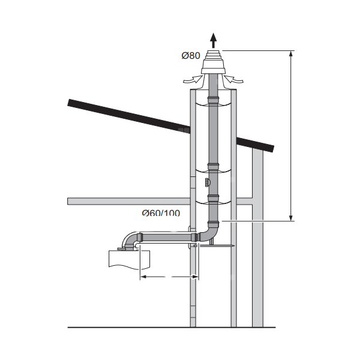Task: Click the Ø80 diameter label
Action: point(191,56)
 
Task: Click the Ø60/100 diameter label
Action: point(161,213)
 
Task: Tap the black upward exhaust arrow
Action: point(214,40)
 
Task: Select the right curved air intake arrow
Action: point(234,79)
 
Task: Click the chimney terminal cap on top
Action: point(214,62)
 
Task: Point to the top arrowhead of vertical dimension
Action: point(291,53)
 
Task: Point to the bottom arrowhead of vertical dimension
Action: point(291,218)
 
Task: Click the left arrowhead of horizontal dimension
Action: point(143,277)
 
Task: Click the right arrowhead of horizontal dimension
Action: point(196,277)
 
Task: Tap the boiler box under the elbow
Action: point(129,260)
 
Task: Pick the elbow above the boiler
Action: point(131,241)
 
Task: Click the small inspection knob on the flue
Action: point(207,183)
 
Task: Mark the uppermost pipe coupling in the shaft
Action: point(214,100)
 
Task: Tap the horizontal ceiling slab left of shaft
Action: point(129,202)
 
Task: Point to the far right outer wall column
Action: point(258,271)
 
